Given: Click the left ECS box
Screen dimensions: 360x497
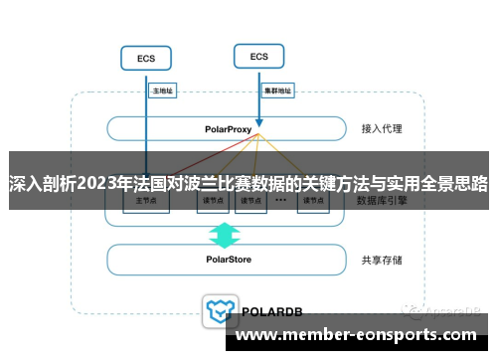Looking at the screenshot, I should [146, 59].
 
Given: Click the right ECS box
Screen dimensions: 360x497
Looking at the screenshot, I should [259, 57].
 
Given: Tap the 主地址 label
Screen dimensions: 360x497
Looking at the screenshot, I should [162, 90].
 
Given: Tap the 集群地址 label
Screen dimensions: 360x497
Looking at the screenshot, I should [277, 90].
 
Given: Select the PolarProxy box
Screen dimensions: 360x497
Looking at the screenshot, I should [226, 129].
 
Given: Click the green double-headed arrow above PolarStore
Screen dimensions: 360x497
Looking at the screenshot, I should [225, 235].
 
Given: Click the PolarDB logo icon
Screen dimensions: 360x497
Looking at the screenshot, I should [218, 309].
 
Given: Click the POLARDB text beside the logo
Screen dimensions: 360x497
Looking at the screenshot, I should [268, 310].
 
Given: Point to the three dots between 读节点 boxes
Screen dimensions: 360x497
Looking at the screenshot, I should [281, 199].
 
